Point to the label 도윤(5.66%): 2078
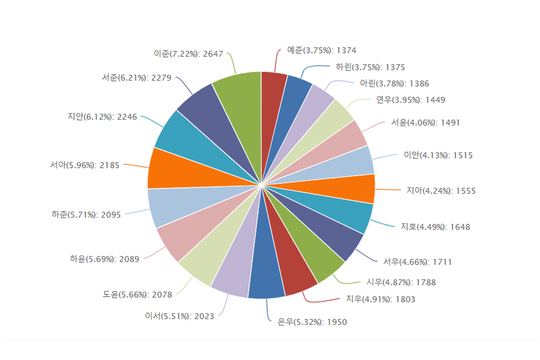click(137, 295)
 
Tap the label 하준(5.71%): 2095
click(86, 215)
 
